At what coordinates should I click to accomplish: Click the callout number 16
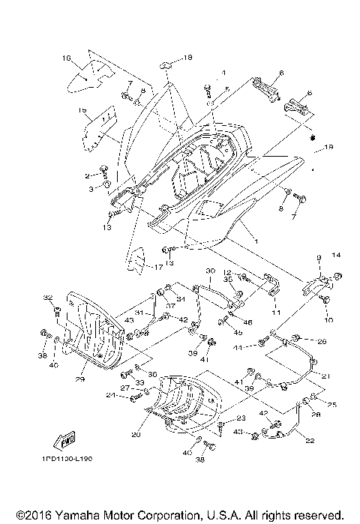point(66,58)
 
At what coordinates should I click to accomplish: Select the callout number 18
point(187,57)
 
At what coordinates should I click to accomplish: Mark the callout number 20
point(136,434)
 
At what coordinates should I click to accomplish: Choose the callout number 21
point(325,376)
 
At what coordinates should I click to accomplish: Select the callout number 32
point(47,297)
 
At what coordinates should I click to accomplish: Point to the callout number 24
point(109,395)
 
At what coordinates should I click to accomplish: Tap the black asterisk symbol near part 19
point(292,139)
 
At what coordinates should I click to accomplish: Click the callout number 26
point(322,342)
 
